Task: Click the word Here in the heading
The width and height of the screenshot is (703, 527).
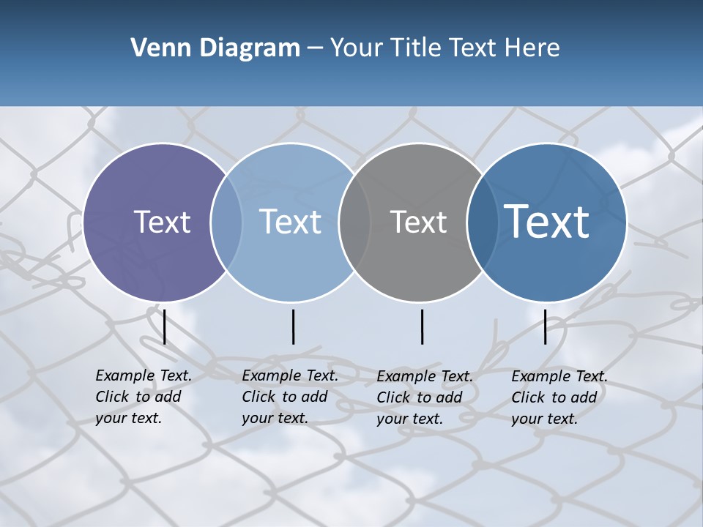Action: point(533,48)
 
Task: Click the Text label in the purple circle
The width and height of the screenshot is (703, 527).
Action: point(162,222)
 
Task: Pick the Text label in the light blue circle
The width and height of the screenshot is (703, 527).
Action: point(290,222)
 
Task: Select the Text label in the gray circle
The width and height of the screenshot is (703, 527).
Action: point(418,222)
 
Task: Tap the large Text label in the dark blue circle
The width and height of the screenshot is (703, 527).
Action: point(547,221)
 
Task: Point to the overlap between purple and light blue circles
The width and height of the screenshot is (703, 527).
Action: point(226,222)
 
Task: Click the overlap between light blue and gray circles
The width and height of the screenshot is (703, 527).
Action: point(354,222)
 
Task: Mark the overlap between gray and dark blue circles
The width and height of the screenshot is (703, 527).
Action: point(483,222)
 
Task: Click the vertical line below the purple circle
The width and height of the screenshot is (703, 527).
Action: point(165,326)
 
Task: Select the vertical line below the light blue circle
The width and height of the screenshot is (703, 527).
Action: point(293,326)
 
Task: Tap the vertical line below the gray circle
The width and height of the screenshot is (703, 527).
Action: point(422,326)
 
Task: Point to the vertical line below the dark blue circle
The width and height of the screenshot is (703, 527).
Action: point(545,326)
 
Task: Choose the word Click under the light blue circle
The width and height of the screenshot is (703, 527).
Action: point(258,397)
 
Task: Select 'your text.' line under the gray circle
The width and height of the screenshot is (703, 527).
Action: point(410,419)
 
